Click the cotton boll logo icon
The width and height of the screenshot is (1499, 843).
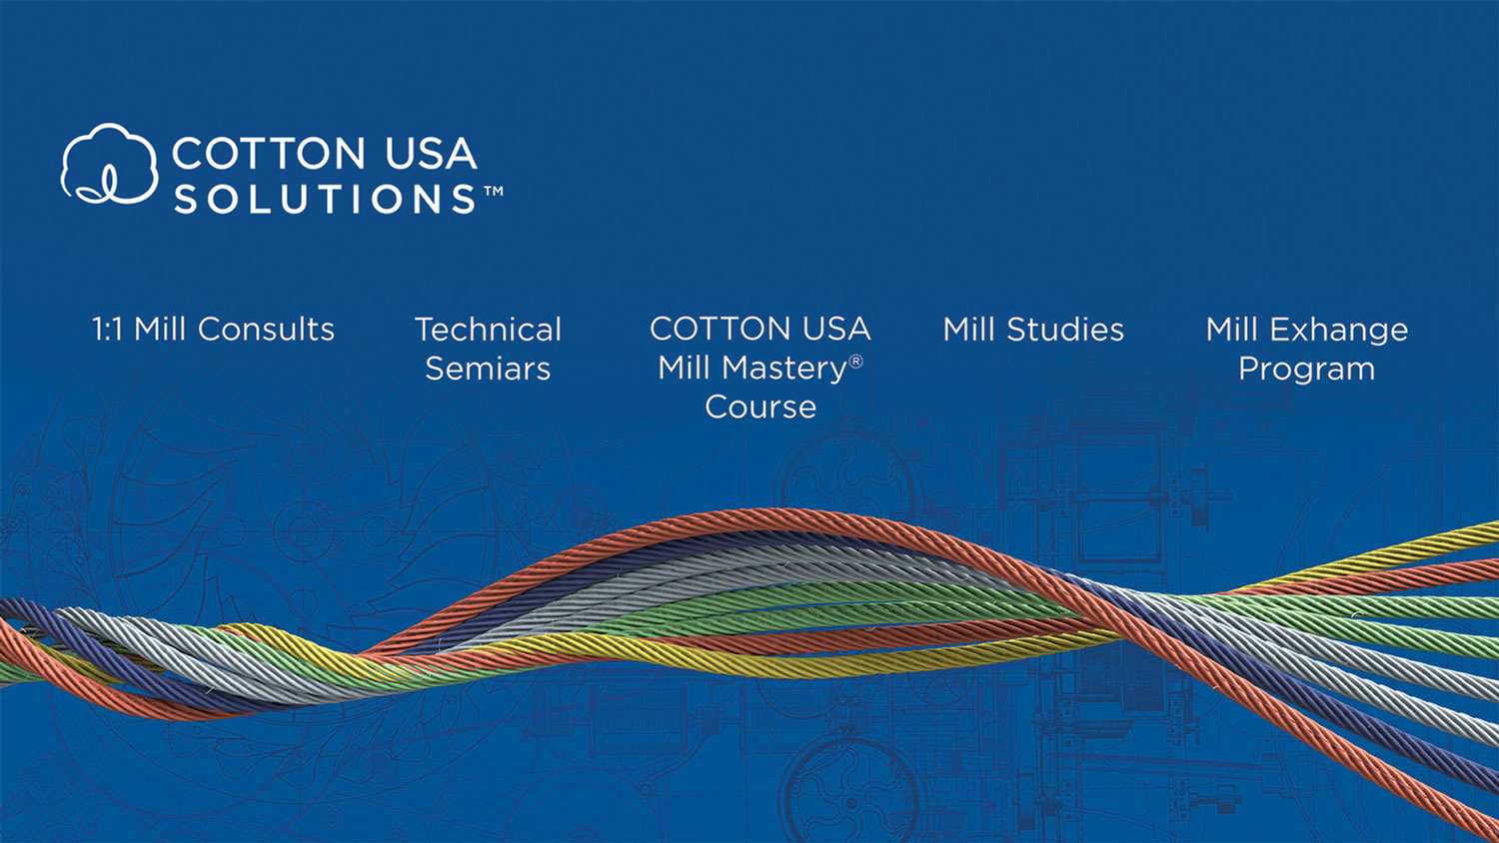tap(109, 164)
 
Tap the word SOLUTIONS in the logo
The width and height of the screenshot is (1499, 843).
tap(325, 199)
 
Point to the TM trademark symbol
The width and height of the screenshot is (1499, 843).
tap(494, 192)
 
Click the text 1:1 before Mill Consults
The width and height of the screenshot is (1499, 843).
tap(107, 330)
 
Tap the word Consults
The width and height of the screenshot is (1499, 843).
tap(266, 330)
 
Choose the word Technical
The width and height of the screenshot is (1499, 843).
tap(488, 330)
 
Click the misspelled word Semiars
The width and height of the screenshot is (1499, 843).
tap(488, 369)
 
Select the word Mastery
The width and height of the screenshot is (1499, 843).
tap(784, 369)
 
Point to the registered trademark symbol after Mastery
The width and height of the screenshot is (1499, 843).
tap(855, 362)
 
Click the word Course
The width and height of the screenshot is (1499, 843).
tap(760, 408)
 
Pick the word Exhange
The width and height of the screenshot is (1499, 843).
tap(1339, 330)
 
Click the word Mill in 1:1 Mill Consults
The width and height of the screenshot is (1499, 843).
tap(159, 330)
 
